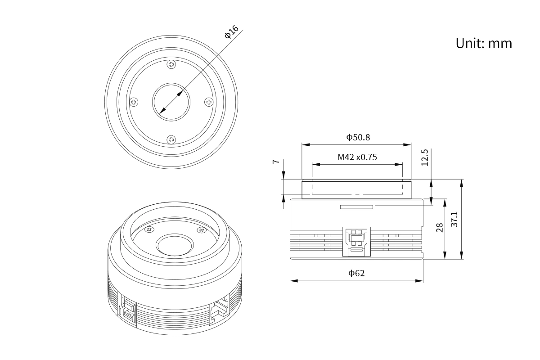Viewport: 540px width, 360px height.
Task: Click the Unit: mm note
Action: point(484,43)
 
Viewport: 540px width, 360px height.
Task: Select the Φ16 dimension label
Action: point(231,32)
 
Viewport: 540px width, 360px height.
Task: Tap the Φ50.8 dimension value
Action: point(358,137)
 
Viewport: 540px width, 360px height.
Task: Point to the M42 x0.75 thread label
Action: point(357,157)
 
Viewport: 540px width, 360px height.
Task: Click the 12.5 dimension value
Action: point(424,157)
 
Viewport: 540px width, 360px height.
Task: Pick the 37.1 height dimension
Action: point(454,219)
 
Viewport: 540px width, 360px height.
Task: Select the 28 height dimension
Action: point(440,228)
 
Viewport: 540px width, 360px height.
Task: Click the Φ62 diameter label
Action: point(356,273)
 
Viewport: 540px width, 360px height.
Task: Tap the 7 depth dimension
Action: point(276,162)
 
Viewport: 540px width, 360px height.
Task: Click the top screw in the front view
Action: point(171,64)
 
